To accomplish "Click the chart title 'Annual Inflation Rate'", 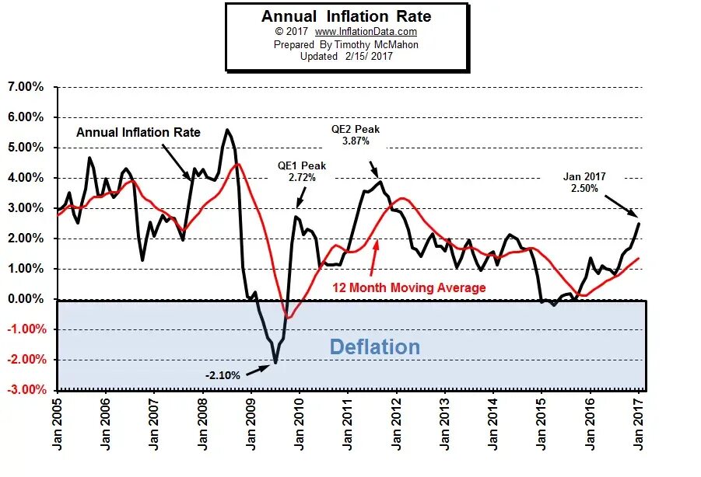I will pos(345,16).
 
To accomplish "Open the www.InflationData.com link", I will pos(366,32).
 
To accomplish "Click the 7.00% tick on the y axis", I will pos(26,87).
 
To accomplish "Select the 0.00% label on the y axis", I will pos(26,299).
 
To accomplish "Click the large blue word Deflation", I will pos(375,346).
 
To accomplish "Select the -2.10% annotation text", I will pos(223,375).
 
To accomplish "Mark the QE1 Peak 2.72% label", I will pos(302,172).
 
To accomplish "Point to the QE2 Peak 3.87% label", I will pos(356,135).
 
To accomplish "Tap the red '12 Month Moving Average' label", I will pos(409,287).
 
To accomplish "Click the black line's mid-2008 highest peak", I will pos(226,130).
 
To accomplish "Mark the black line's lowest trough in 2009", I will pos(275,363).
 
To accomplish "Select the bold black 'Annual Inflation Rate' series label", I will pos(138,132).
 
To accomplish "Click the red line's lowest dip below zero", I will pos(289,317).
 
